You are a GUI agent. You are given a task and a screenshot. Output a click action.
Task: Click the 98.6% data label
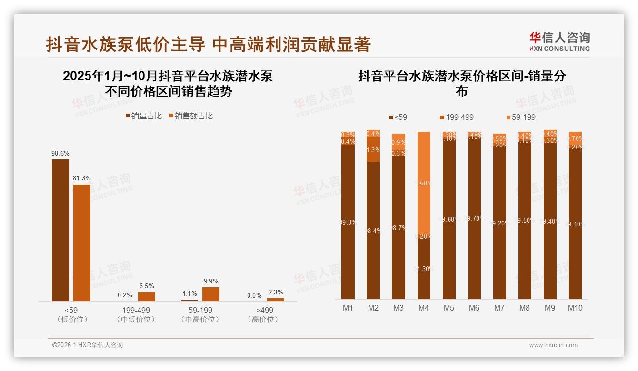60,153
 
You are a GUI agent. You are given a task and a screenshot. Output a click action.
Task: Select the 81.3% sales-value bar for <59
81,243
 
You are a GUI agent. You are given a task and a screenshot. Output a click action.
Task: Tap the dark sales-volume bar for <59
60,230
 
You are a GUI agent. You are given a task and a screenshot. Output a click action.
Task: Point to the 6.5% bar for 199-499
147,296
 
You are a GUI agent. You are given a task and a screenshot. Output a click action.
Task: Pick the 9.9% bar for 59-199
211,294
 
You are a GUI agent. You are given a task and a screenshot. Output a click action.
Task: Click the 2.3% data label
275,293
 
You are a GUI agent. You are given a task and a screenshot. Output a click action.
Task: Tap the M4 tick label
423,308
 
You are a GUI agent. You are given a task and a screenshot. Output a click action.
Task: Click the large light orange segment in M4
424,183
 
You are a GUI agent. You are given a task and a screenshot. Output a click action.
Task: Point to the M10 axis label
575,308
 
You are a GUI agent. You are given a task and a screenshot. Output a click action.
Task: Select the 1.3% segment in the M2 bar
373,150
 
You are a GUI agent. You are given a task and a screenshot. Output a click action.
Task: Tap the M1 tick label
348,308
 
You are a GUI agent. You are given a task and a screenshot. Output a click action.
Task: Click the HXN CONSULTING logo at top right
559,41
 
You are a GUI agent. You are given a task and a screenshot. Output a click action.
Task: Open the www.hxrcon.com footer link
553,345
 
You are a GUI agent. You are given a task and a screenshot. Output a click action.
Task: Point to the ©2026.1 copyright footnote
88,345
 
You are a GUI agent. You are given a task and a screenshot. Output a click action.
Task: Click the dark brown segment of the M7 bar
499,224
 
